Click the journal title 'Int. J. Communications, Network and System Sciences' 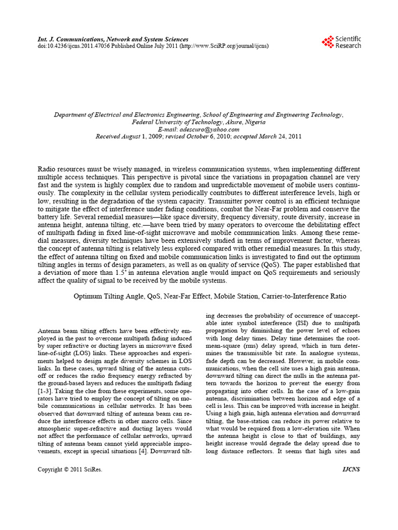coord(113,39)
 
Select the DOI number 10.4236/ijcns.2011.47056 coord(72,46)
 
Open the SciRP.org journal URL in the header coord(224,46)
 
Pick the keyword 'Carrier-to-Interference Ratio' coord(301,297)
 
